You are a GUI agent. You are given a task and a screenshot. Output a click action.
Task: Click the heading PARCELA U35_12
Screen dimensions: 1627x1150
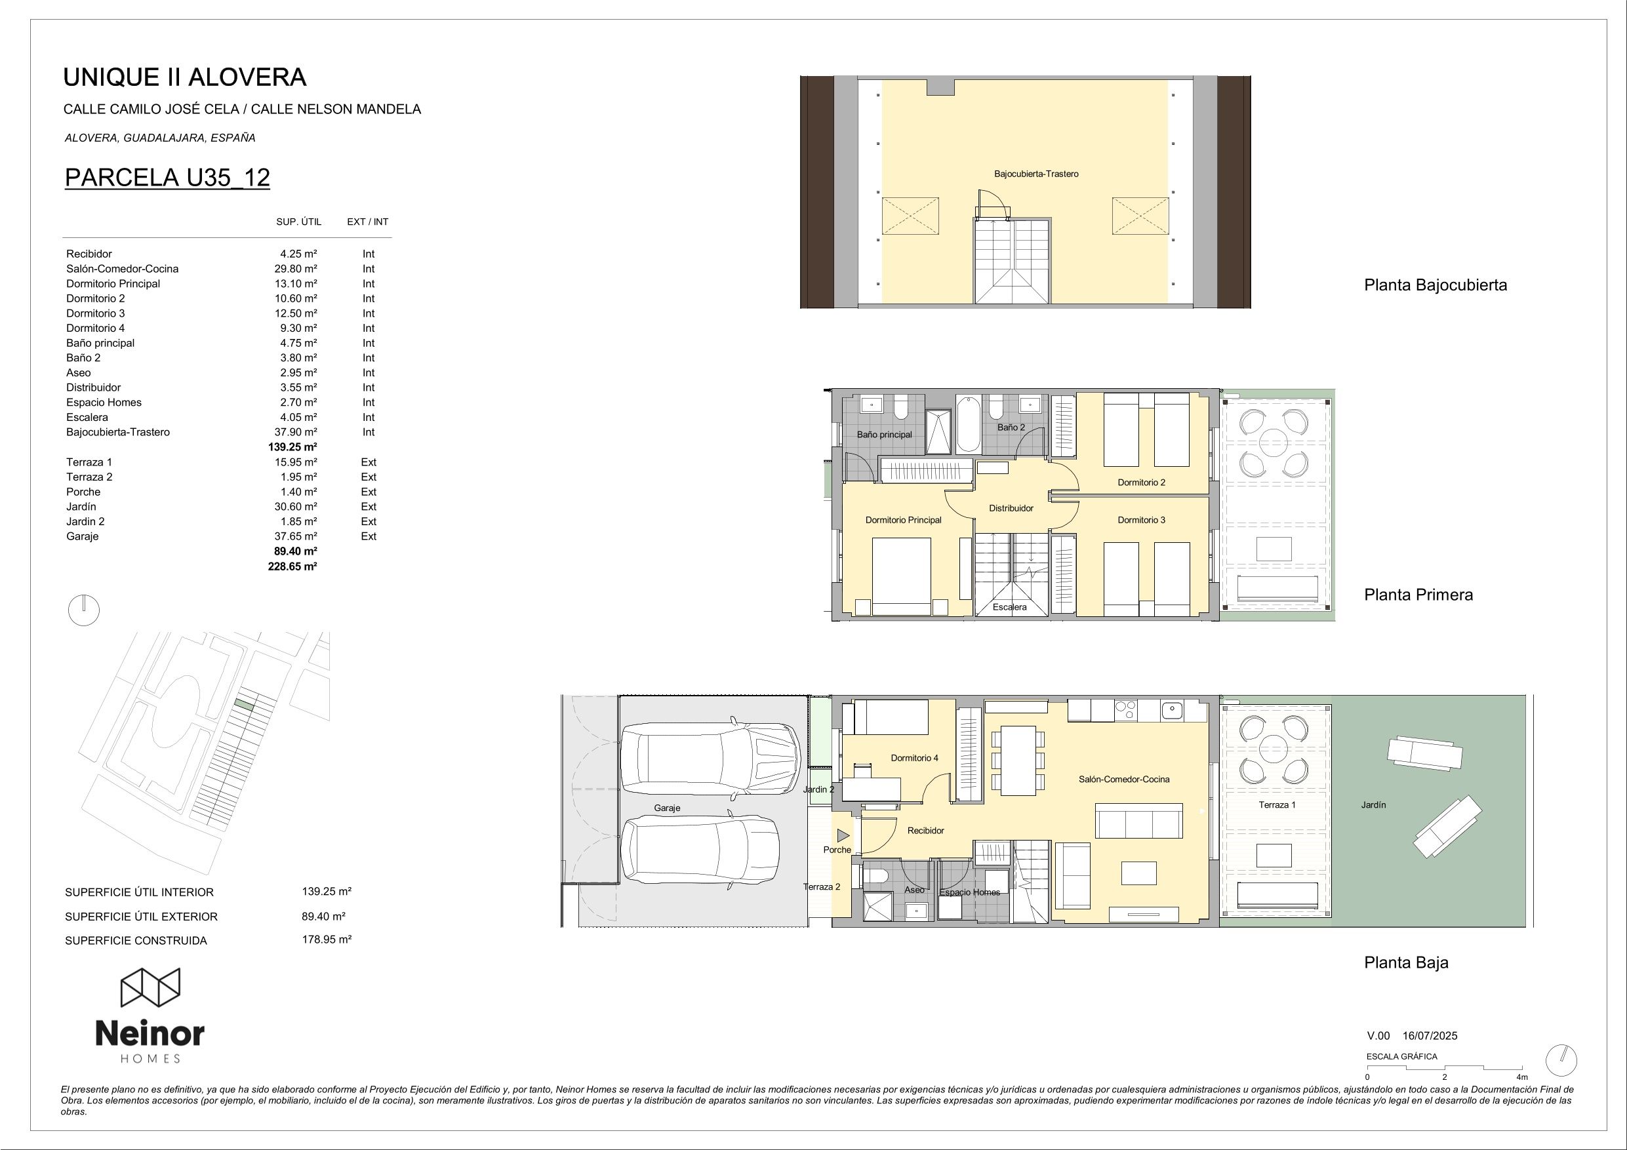point(167,177)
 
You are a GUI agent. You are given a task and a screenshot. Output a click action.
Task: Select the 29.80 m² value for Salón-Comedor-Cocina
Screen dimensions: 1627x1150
point(296,269)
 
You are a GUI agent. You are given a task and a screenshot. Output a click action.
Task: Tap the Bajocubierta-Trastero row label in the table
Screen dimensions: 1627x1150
point(117,432)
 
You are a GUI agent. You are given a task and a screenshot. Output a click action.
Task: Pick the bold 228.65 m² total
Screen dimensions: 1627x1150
point(292,566)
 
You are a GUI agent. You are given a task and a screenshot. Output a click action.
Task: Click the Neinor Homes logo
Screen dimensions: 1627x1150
point(150,1016)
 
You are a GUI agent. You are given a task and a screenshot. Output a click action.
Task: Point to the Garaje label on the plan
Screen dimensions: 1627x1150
point(667,808)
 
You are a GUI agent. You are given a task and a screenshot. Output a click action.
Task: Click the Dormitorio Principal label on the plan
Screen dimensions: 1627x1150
point(904,520)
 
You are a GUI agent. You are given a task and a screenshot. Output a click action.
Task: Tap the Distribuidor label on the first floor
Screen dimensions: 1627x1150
point(1011,508)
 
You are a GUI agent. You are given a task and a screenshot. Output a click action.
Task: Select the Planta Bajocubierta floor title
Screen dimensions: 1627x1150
point(1436,285)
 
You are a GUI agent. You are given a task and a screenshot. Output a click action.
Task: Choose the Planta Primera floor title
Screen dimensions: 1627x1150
point(1418,595)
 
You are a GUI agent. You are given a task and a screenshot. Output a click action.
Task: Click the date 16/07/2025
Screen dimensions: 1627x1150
point(1430,1036)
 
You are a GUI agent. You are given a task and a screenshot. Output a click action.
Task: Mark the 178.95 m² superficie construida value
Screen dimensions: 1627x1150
point(327,940)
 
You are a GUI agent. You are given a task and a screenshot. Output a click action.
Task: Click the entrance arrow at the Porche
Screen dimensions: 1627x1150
point(843,835)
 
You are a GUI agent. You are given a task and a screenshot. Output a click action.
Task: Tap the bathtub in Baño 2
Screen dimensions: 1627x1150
point(969,424)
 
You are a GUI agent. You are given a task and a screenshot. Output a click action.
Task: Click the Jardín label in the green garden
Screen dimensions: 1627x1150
point(1373,805)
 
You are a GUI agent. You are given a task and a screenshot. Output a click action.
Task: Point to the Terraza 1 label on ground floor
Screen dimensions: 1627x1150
point(1277,805)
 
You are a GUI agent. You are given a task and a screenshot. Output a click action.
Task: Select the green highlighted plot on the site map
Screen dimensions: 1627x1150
point(244,704)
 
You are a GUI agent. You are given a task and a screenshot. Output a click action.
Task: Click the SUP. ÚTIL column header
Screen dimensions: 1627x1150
point(298,222)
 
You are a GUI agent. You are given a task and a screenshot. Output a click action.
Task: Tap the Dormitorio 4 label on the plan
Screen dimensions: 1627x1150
point(914,758)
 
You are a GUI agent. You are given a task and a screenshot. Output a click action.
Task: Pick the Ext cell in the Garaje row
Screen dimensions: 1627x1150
point(369,536)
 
